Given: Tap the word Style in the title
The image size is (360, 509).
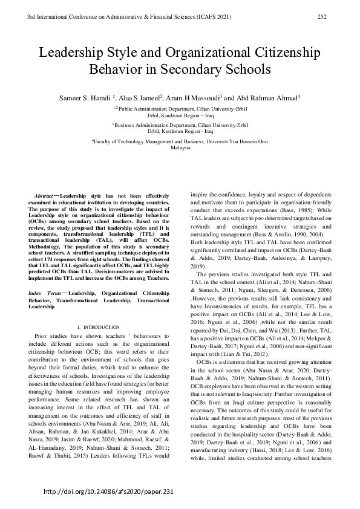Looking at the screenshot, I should [x=131, y=51].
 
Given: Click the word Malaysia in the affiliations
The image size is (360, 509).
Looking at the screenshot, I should [x=180, y=147].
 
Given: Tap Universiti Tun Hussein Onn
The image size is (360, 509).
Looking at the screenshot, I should [x=237, y=140].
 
